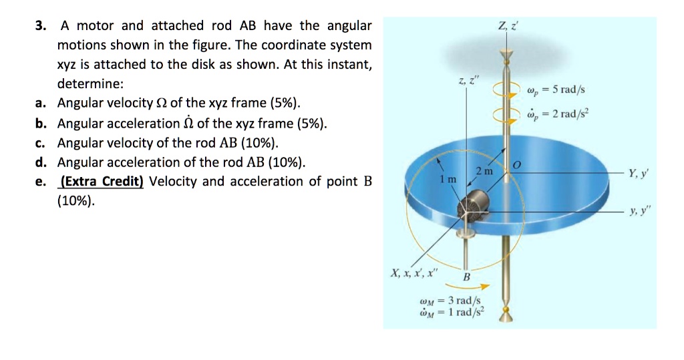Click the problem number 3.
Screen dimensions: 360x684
point(41,26)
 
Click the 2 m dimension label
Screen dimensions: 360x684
point(484,172)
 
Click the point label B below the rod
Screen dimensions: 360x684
point(466,276)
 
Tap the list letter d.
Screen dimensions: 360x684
point(41,162)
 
